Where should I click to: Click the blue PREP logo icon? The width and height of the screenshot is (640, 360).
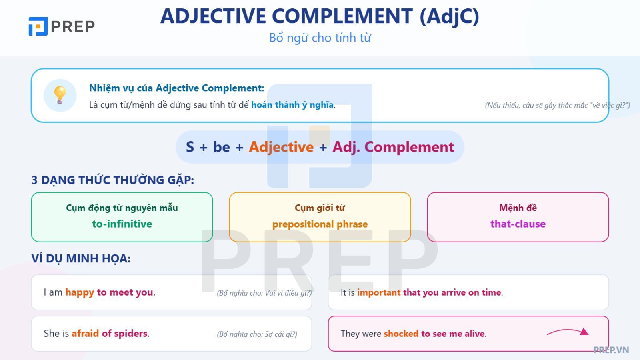[x=38, y=26]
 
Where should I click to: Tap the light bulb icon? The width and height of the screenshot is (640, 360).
[x=60, y=95]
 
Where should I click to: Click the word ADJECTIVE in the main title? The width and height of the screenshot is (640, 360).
[x=213, y=16]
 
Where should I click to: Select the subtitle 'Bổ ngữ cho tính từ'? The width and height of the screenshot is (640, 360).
[x=320, y=38]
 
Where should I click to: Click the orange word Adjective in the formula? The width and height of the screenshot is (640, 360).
[x=281, y=147]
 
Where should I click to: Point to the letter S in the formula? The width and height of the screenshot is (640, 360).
[x=190, y=147]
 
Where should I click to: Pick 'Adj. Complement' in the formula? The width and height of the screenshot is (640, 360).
[x=393, y=147]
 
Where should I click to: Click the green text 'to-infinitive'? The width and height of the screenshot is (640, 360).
[x=122, y=224]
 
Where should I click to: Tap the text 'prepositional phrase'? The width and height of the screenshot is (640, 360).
[x=320, y=224]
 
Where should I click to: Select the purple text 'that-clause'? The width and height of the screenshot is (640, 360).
[x=518, y=224]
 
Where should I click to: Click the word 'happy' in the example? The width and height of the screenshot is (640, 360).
[x=80, y=292]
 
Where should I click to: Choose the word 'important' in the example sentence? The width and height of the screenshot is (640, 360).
[x=379, y=292]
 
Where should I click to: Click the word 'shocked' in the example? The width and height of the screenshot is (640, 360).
[x=401, y=334]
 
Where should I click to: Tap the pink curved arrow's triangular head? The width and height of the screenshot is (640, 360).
[x=584, y=332]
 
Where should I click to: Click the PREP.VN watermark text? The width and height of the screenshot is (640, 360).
[x=611, y=350]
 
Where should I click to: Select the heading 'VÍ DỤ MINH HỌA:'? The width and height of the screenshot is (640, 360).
[x=81, y=258]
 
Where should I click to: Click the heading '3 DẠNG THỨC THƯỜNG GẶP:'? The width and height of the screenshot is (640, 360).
[x=112, y=180]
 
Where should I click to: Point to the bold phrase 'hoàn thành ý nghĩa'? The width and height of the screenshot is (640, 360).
[x=292, y=105]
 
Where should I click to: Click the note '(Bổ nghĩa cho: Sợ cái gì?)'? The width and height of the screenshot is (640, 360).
[x=257, y=334]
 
